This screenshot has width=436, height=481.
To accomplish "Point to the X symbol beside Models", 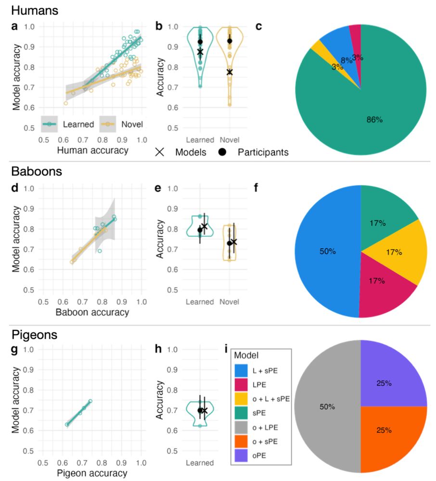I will pyautogui.click(x=160, y=152).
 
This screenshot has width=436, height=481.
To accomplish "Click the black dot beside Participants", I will pyautogui.click(x=223, y=152).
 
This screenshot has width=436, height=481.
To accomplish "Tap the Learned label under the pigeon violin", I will pyautogui.click(x=200, y=463).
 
